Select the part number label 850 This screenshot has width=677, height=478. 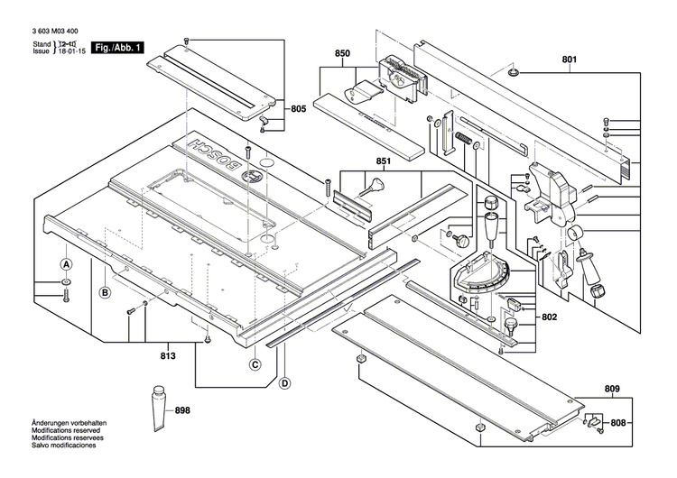(x=342, y=54)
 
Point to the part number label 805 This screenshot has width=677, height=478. (x=298, y=108)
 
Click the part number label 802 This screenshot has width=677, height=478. (x=550, y=317)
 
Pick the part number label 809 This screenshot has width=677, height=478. (x=613, y=390)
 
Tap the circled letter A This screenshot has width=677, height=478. (x=66, y=265)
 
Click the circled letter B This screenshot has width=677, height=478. (x=105, y=292)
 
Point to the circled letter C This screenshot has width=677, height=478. (x=255, y=364)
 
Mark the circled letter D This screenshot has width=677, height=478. (x=285, y=384)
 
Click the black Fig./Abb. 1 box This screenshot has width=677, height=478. (x=118, y=47)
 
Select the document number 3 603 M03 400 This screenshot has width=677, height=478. (x=53, y=31)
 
